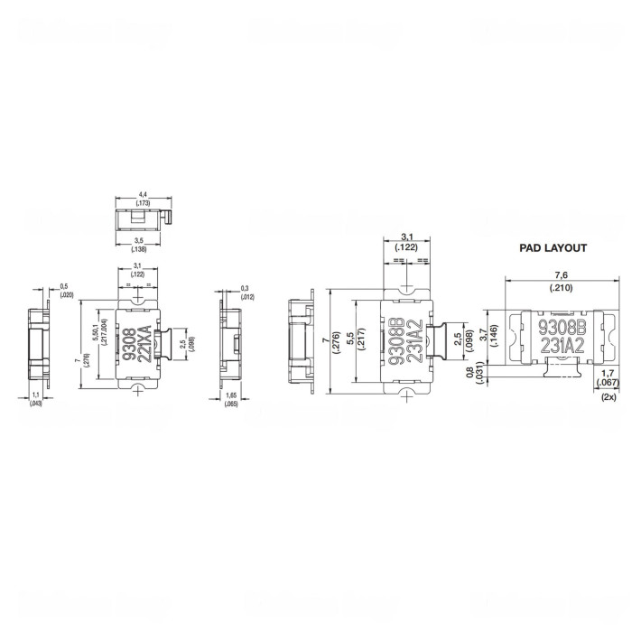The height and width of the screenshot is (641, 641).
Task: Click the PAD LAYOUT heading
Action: (553, 247)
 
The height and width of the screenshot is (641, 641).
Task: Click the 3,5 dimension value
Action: (141, 241)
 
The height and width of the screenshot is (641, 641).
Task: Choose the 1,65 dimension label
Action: (232, 396)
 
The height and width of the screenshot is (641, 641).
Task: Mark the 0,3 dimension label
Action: (246, 288)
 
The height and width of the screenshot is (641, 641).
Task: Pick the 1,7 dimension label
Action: (608, 372)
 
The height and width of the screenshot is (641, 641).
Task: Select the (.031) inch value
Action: (478, 375)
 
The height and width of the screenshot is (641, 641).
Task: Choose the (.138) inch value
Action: (141, 249)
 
